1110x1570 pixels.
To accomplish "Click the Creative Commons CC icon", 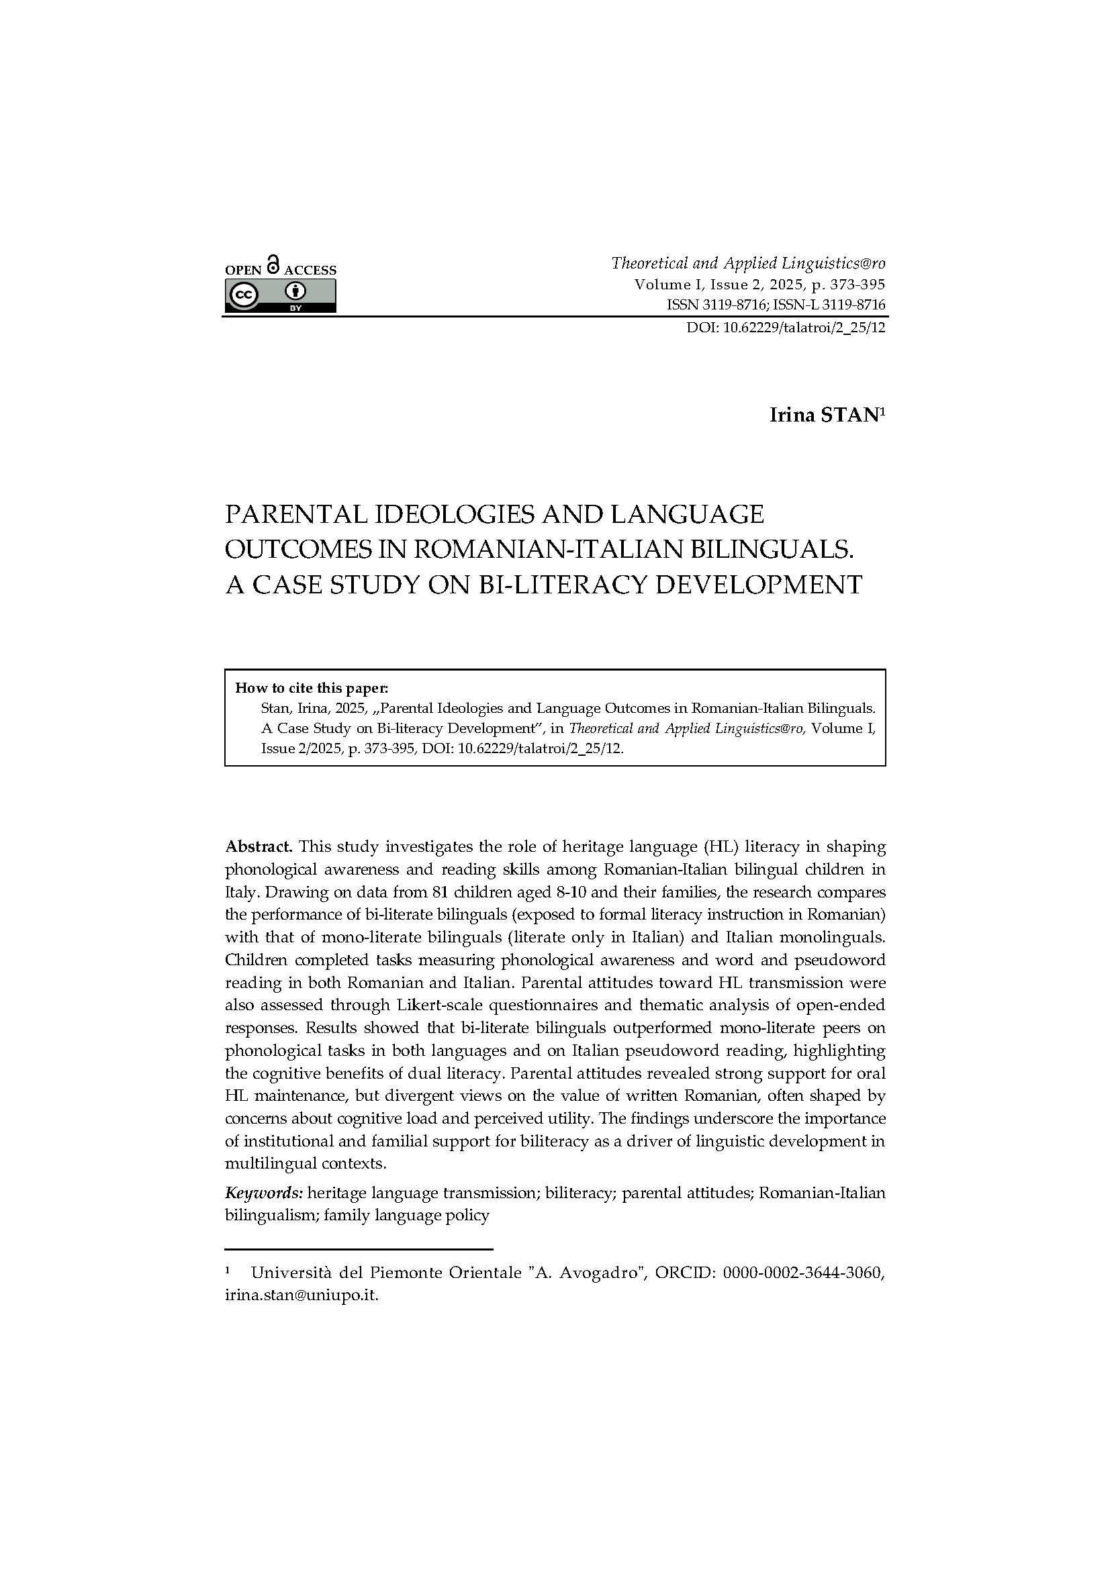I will coord(244,294).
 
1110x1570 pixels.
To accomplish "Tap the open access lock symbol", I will coord(273,265).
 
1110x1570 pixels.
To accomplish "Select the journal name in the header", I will coord(747,263).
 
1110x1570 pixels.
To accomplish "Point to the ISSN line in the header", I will coord(776,305).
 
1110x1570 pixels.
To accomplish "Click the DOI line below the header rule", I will coord(786,328).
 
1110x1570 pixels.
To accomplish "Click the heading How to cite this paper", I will coord(311,688).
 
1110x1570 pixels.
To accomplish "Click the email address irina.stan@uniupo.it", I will coord(301,1295).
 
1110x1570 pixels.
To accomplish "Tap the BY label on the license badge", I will coord(296,307).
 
